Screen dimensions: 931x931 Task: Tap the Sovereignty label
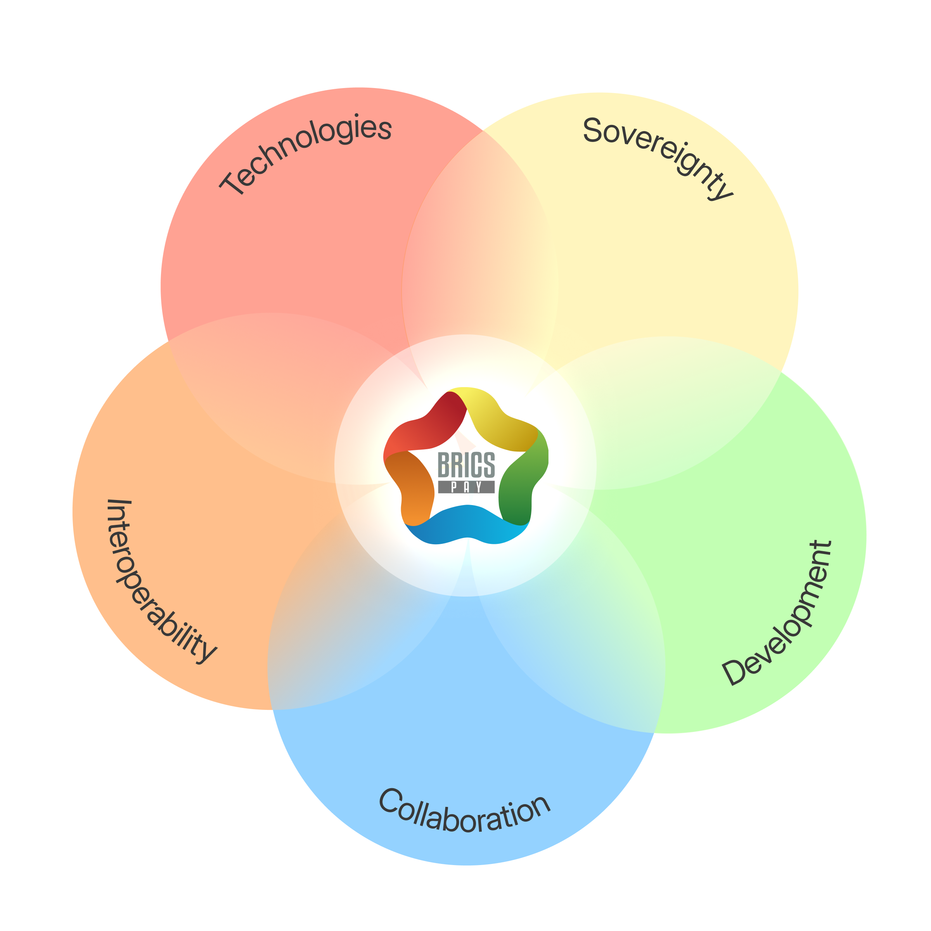[x=658, y=154]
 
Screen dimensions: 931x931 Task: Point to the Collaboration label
[x=465, y=812]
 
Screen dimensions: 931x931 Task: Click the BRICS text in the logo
[x=466, y=465]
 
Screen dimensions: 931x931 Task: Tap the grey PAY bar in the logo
[x=466, y=487]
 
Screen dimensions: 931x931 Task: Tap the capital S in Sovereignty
[x=593, y=130]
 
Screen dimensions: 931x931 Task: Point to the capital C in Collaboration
[x=390, y=800]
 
